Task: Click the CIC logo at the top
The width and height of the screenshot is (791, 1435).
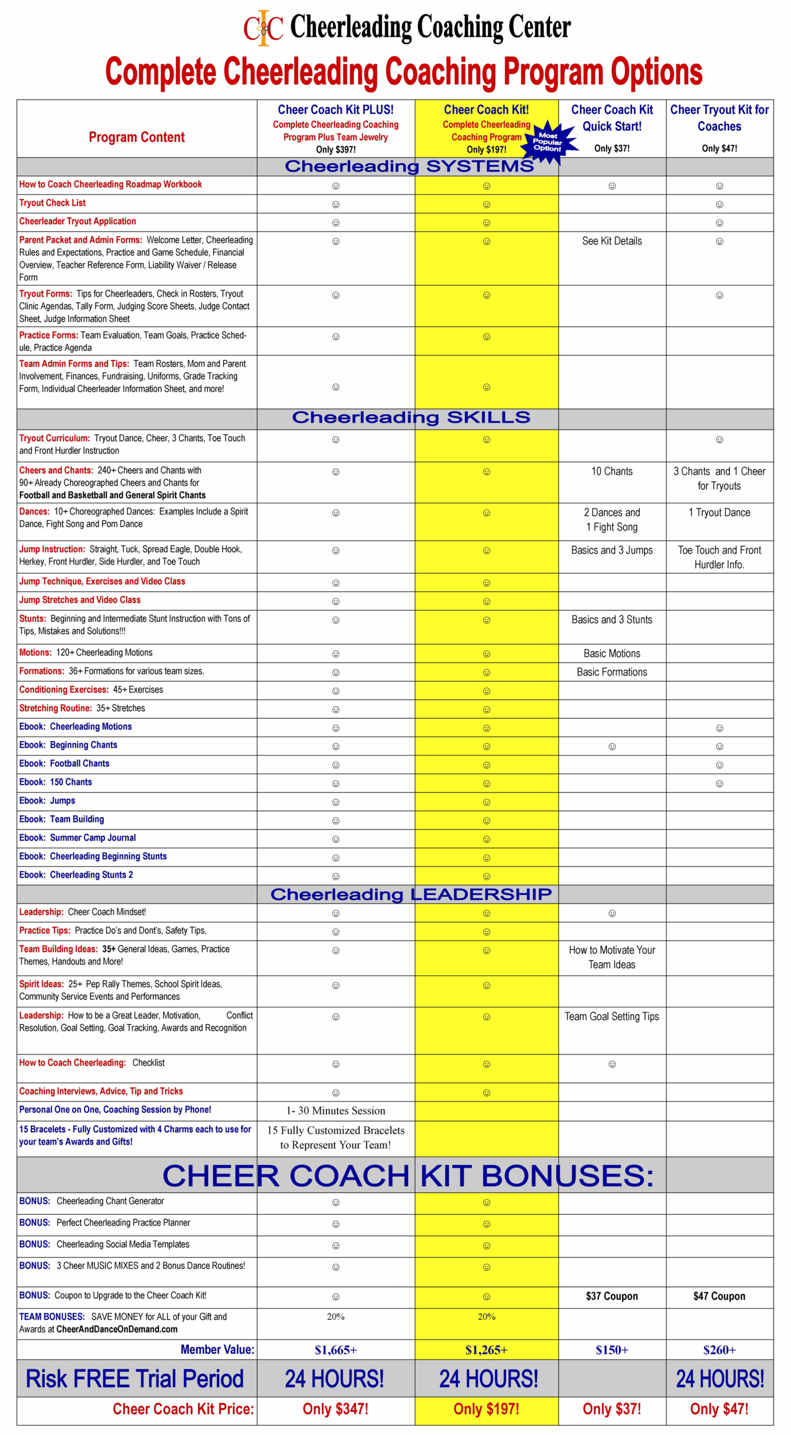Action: (263, 28)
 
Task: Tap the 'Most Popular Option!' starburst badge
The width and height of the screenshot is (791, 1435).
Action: (548, 142)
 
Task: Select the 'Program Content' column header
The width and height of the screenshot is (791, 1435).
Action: (136, 137)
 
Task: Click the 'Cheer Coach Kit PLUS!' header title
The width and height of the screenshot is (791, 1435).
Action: (335, 110)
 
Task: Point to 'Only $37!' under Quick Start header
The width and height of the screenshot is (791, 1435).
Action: (612, 149)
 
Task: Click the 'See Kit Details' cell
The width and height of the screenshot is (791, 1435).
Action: (612, 241)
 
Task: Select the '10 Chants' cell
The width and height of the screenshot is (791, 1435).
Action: (612, 471)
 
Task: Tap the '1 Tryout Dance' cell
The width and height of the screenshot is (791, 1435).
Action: (719, 512)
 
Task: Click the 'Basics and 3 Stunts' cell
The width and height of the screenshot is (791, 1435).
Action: (612, 619)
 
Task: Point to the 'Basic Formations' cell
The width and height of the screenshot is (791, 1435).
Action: (612, 672)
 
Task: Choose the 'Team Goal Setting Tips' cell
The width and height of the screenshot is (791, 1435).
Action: (612, 1016)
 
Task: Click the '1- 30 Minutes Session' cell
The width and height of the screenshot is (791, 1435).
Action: (335, 1110)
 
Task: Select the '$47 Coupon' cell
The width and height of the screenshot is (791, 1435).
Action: (719, 1296)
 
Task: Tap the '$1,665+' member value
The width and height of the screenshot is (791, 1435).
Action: (335, 1350)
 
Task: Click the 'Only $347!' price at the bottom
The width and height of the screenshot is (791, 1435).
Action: (335, 1409)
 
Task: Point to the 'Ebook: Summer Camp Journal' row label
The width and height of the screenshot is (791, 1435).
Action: (77, 837)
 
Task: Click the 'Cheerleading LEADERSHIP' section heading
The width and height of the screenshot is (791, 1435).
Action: (411, 894)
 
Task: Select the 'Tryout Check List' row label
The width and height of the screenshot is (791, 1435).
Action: (53, 203)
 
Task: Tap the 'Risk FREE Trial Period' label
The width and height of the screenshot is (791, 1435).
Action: (135, 1378)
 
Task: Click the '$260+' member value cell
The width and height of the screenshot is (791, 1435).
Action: (719, 1350)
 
